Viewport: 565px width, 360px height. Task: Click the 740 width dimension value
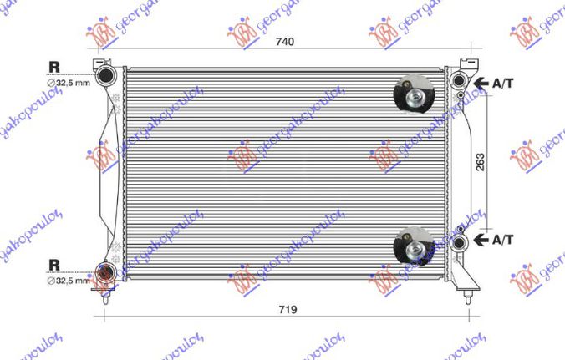click(x=287, y=40)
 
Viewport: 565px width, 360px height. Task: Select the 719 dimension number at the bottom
click(x=287, y=309)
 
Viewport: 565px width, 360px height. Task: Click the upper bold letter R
click(x=54, y=66)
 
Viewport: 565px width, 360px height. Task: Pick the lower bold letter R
click(x=54, y=265)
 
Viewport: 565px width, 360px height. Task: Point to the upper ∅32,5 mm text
click(x=68, y=83)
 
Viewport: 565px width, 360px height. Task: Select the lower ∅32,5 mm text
click(x=68, y=280)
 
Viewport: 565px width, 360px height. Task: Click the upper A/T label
click(x=503, y=83)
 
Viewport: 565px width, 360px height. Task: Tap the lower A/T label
click(x=503, y=240)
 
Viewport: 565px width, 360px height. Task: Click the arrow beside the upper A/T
click(x=481, y=83)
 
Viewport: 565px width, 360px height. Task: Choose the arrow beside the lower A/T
click(x=481, y=240)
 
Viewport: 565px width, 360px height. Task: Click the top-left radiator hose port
click(x=107, y=76)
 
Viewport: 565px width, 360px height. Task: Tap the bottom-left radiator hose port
click(x=106, y=273)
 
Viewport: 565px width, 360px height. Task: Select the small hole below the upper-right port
click(x=461, y=96)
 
